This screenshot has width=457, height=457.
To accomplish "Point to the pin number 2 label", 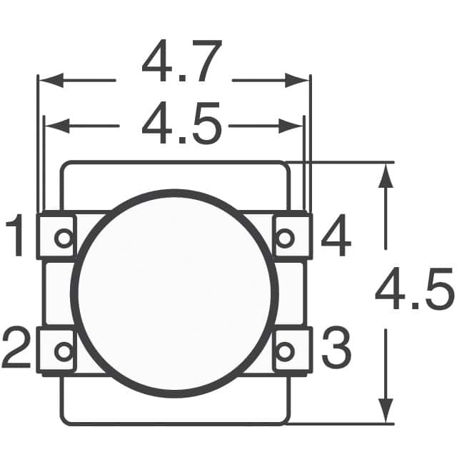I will [x=17, y=349].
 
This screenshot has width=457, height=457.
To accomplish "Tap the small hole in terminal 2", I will [x=64, y=351].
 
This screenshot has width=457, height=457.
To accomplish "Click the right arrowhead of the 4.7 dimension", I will [x=300, y=80].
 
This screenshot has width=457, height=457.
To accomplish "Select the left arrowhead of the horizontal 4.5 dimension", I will [x=54, y=126].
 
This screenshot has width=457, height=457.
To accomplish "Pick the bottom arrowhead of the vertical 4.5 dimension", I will [x=386, y=413].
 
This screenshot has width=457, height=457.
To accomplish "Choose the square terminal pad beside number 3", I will [x=292, y=350].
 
